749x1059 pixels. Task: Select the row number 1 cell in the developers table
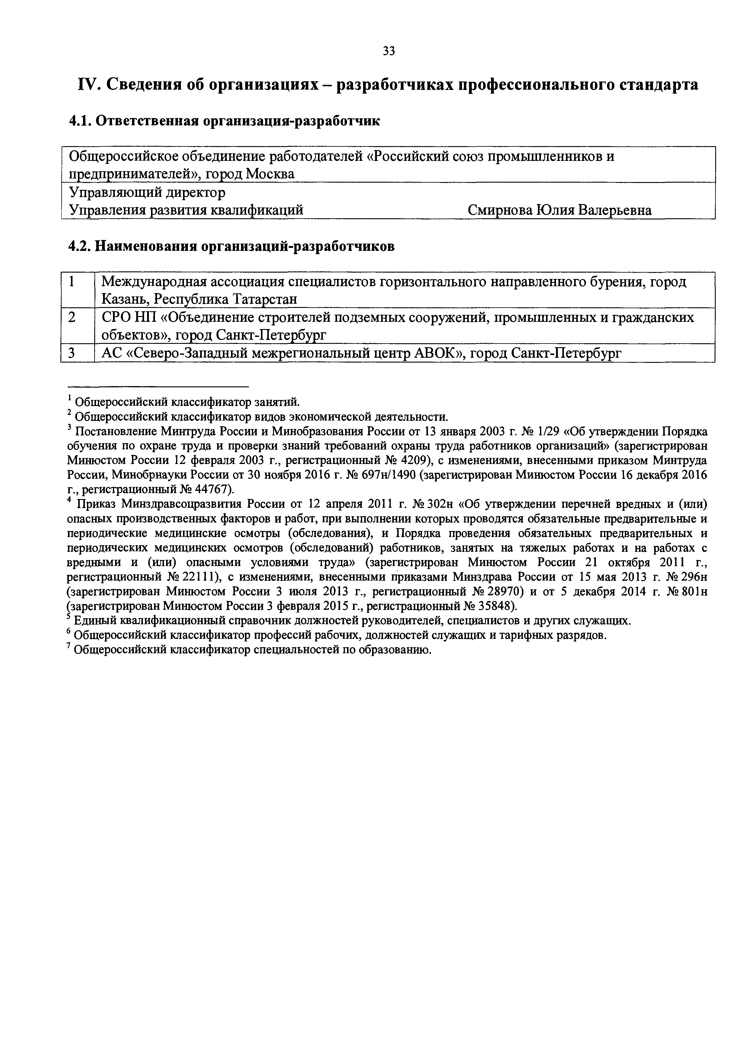click(x=72, y=281)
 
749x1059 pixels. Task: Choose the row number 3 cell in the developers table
click(x=72, y=353)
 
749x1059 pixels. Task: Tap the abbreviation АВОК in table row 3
click(x=435, y=353)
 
